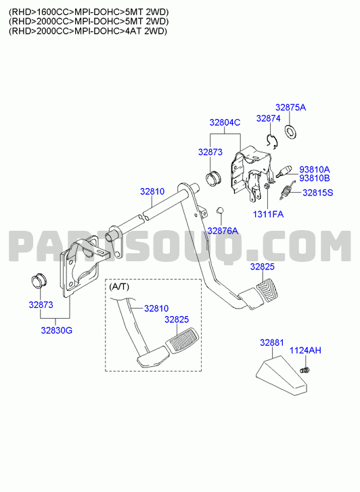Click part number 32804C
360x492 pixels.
[225, 122]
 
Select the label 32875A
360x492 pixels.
[290, 108]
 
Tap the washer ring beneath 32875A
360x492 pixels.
[290, 132]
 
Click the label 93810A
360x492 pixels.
[314, 169]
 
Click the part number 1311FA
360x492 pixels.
[269, 215]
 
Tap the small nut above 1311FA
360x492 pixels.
[267, 186]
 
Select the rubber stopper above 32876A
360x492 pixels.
[221, 209]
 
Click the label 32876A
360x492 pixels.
[223, 231]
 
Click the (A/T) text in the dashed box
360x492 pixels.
[119, 286]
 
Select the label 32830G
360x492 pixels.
[56, 330]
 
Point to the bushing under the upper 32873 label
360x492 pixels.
[213, 179]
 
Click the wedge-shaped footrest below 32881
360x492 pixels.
[281, 376]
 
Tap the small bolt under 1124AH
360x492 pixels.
[305, 370]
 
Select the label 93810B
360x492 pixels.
[314, 178]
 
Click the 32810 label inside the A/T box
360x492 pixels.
[156, 309]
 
